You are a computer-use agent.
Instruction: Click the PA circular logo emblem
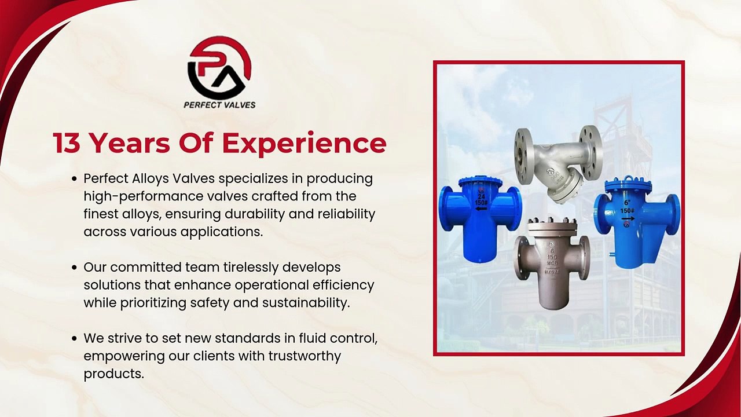(219, 67)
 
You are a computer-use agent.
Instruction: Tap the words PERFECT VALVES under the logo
(219, 105)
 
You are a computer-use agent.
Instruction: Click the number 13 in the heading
(66, 143)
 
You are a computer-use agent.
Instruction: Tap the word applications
(221, 232)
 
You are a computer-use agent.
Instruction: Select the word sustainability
(306, 303)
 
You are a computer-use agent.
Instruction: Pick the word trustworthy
(305, 356)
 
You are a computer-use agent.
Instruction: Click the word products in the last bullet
(114, 374)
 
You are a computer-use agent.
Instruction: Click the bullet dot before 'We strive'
(75, 339)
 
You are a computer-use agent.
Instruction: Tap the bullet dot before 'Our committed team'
(75, 268)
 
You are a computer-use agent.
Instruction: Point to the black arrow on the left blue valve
(480, 209)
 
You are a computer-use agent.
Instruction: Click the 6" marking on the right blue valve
(627, 203)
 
